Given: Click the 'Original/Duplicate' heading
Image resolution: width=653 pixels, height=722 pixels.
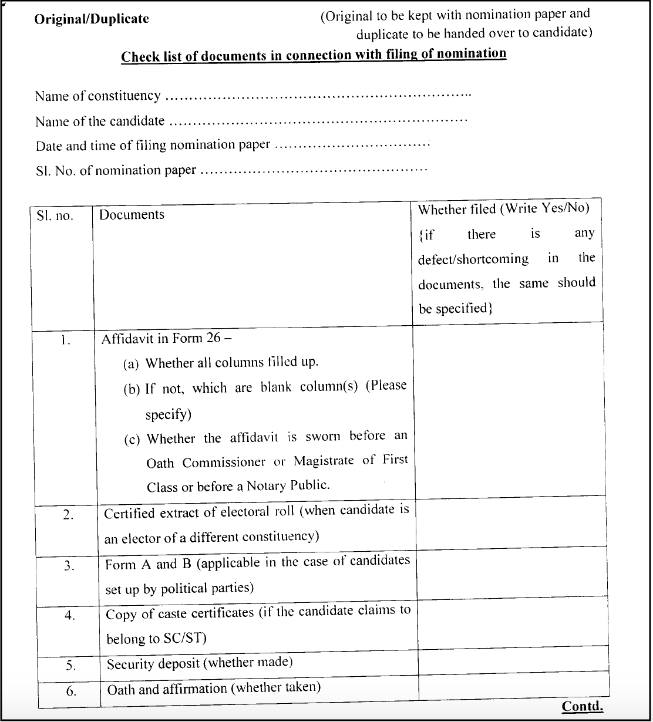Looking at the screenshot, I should tap(92, 19).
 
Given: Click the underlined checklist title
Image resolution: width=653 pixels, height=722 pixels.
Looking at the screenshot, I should tap(314, 55).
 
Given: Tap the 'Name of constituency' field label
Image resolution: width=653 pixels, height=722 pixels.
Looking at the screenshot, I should tap(97, 96).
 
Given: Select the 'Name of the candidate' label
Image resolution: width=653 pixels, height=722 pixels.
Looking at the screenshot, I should tap(100, 122).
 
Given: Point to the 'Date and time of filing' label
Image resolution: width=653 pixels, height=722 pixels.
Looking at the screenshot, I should tap(153, 145).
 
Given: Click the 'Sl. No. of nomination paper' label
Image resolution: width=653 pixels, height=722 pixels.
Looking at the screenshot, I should tap(116, 171).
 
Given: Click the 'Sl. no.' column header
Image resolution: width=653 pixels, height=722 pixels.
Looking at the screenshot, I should tap(55, 216).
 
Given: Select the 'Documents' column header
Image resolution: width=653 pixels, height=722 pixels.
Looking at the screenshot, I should tap(132, 215).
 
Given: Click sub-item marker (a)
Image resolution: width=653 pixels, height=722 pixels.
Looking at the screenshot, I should tap(131, 364).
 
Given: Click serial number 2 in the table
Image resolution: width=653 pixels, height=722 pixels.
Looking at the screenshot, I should tap(68, 515).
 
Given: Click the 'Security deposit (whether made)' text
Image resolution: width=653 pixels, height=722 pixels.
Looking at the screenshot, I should tap(200, 663).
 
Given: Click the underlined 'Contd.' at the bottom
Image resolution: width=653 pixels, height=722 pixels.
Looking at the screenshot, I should tap(582, 706).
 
